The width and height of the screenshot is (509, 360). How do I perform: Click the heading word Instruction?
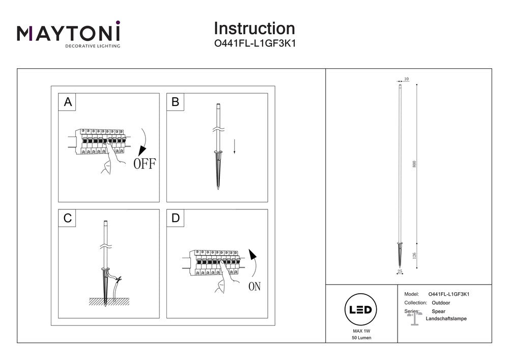tap(254, 28)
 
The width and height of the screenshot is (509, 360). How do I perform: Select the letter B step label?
tap(176, 102)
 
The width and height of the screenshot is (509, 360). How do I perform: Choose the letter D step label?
tap(176, 218)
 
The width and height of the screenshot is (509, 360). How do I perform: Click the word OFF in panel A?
tap(145, 163)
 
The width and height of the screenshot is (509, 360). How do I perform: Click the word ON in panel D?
tap(254, 287)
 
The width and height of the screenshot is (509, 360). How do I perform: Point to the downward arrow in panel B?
tap(235, 147)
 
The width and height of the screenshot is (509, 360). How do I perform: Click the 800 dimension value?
tap(414, 164)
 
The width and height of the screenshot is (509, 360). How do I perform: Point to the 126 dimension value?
tap(414, 255)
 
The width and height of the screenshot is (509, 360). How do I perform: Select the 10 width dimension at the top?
tap(406, 79)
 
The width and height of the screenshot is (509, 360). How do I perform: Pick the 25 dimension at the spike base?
tap(400, 272)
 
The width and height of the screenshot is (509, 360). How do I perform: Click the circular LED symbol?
tap(361, 310)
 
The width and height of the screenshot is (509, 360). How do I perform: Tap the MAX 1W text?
tap(361, 331)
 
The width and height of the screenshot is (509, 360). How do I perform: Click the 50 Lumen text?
tap(361, 338)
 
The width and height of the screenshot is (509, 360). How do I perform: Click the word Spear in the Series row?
tap(438, 311)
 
